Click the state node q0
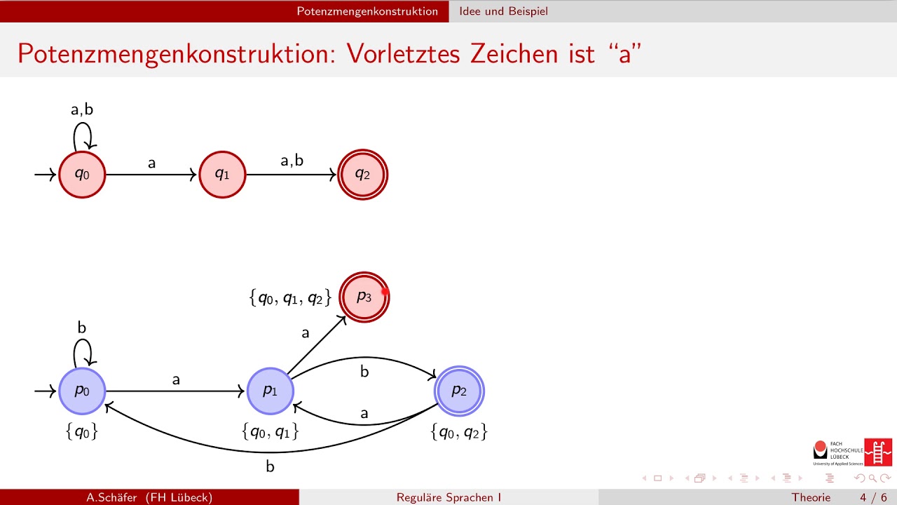pos(82,174)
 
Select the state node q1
pos(222,174)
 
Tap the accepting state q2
pos(362,174)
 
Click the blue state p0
pos(82,391)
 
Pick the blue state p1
pos(270,391)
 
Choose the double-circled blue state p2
pos(459,391)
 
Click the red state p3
pos(364,297)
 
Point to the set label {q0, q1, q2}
pos(289,298)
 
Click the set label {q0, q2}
pos(459,432)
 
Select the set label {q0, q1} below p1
pos(270,432)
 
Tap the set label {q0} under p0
pos(82,432)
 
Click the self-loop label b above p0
pos(82,327)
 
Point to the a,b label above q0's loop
pos(82,109)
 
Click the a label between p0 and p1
pos(176,380)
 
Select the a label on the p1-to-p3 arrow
pos(305,333)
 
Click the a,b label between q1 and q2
pos(292,161)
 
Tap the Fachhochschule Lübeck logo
pos(852,452)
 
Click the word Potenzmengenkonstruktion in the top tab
pos(367,11)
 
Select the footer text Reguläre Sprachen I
pos(448,497)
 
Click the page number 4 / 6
pos(872,497)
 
